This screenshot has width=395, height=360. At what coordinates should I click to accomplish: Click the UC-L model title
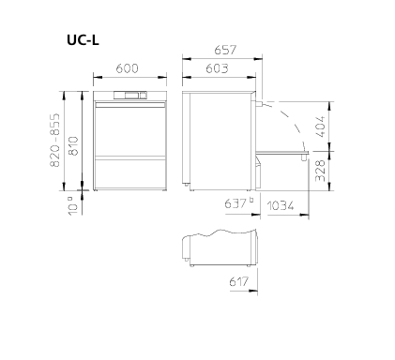pyautogui.click(x=83, y=40)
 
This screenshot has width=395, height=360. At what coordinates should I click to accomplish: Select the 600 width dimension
pyautogui.click(x=127, y=68)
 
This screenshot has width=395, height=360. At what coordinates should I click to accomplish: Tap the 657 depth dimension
pyautogui.click(x=225, y=50)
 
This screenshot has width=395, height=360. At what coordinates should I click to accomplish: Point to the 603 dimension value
pyautogui.click(x=217, y=68)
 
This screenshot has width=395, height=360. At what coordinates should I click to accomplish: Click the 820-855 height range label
pyautogui.click(x=54, y=140)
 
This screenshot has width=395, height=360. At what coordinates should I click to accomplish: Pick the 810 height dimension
pyautogui.click(x=73, y=146)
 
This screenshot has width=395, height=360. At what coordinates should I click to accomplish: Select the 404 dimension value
pyautogui.click(x=320, y=127)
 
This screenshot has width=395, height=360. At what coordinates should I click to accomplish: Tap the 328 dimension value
pyautogui.click(x=320, y=171)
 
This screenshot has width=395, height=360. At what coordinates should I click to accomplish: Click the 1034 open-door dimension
pyautogui.click(x=281, y=206)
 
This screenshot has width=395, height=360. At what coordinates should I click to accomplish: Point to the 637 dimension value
pyautogui.click(x=235, y=204)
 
